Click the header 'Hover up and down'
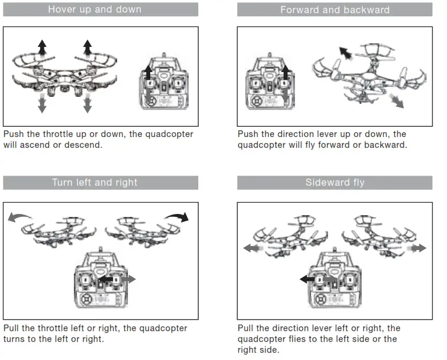(x=94, y=10)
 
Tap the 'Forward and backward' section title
(x=335, y=10)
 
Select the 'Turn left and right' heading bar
(x=94, y=183)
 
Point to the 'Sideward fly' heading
(x=335, y=183)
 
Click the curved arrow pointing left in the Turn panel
(x=20, y=216)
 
